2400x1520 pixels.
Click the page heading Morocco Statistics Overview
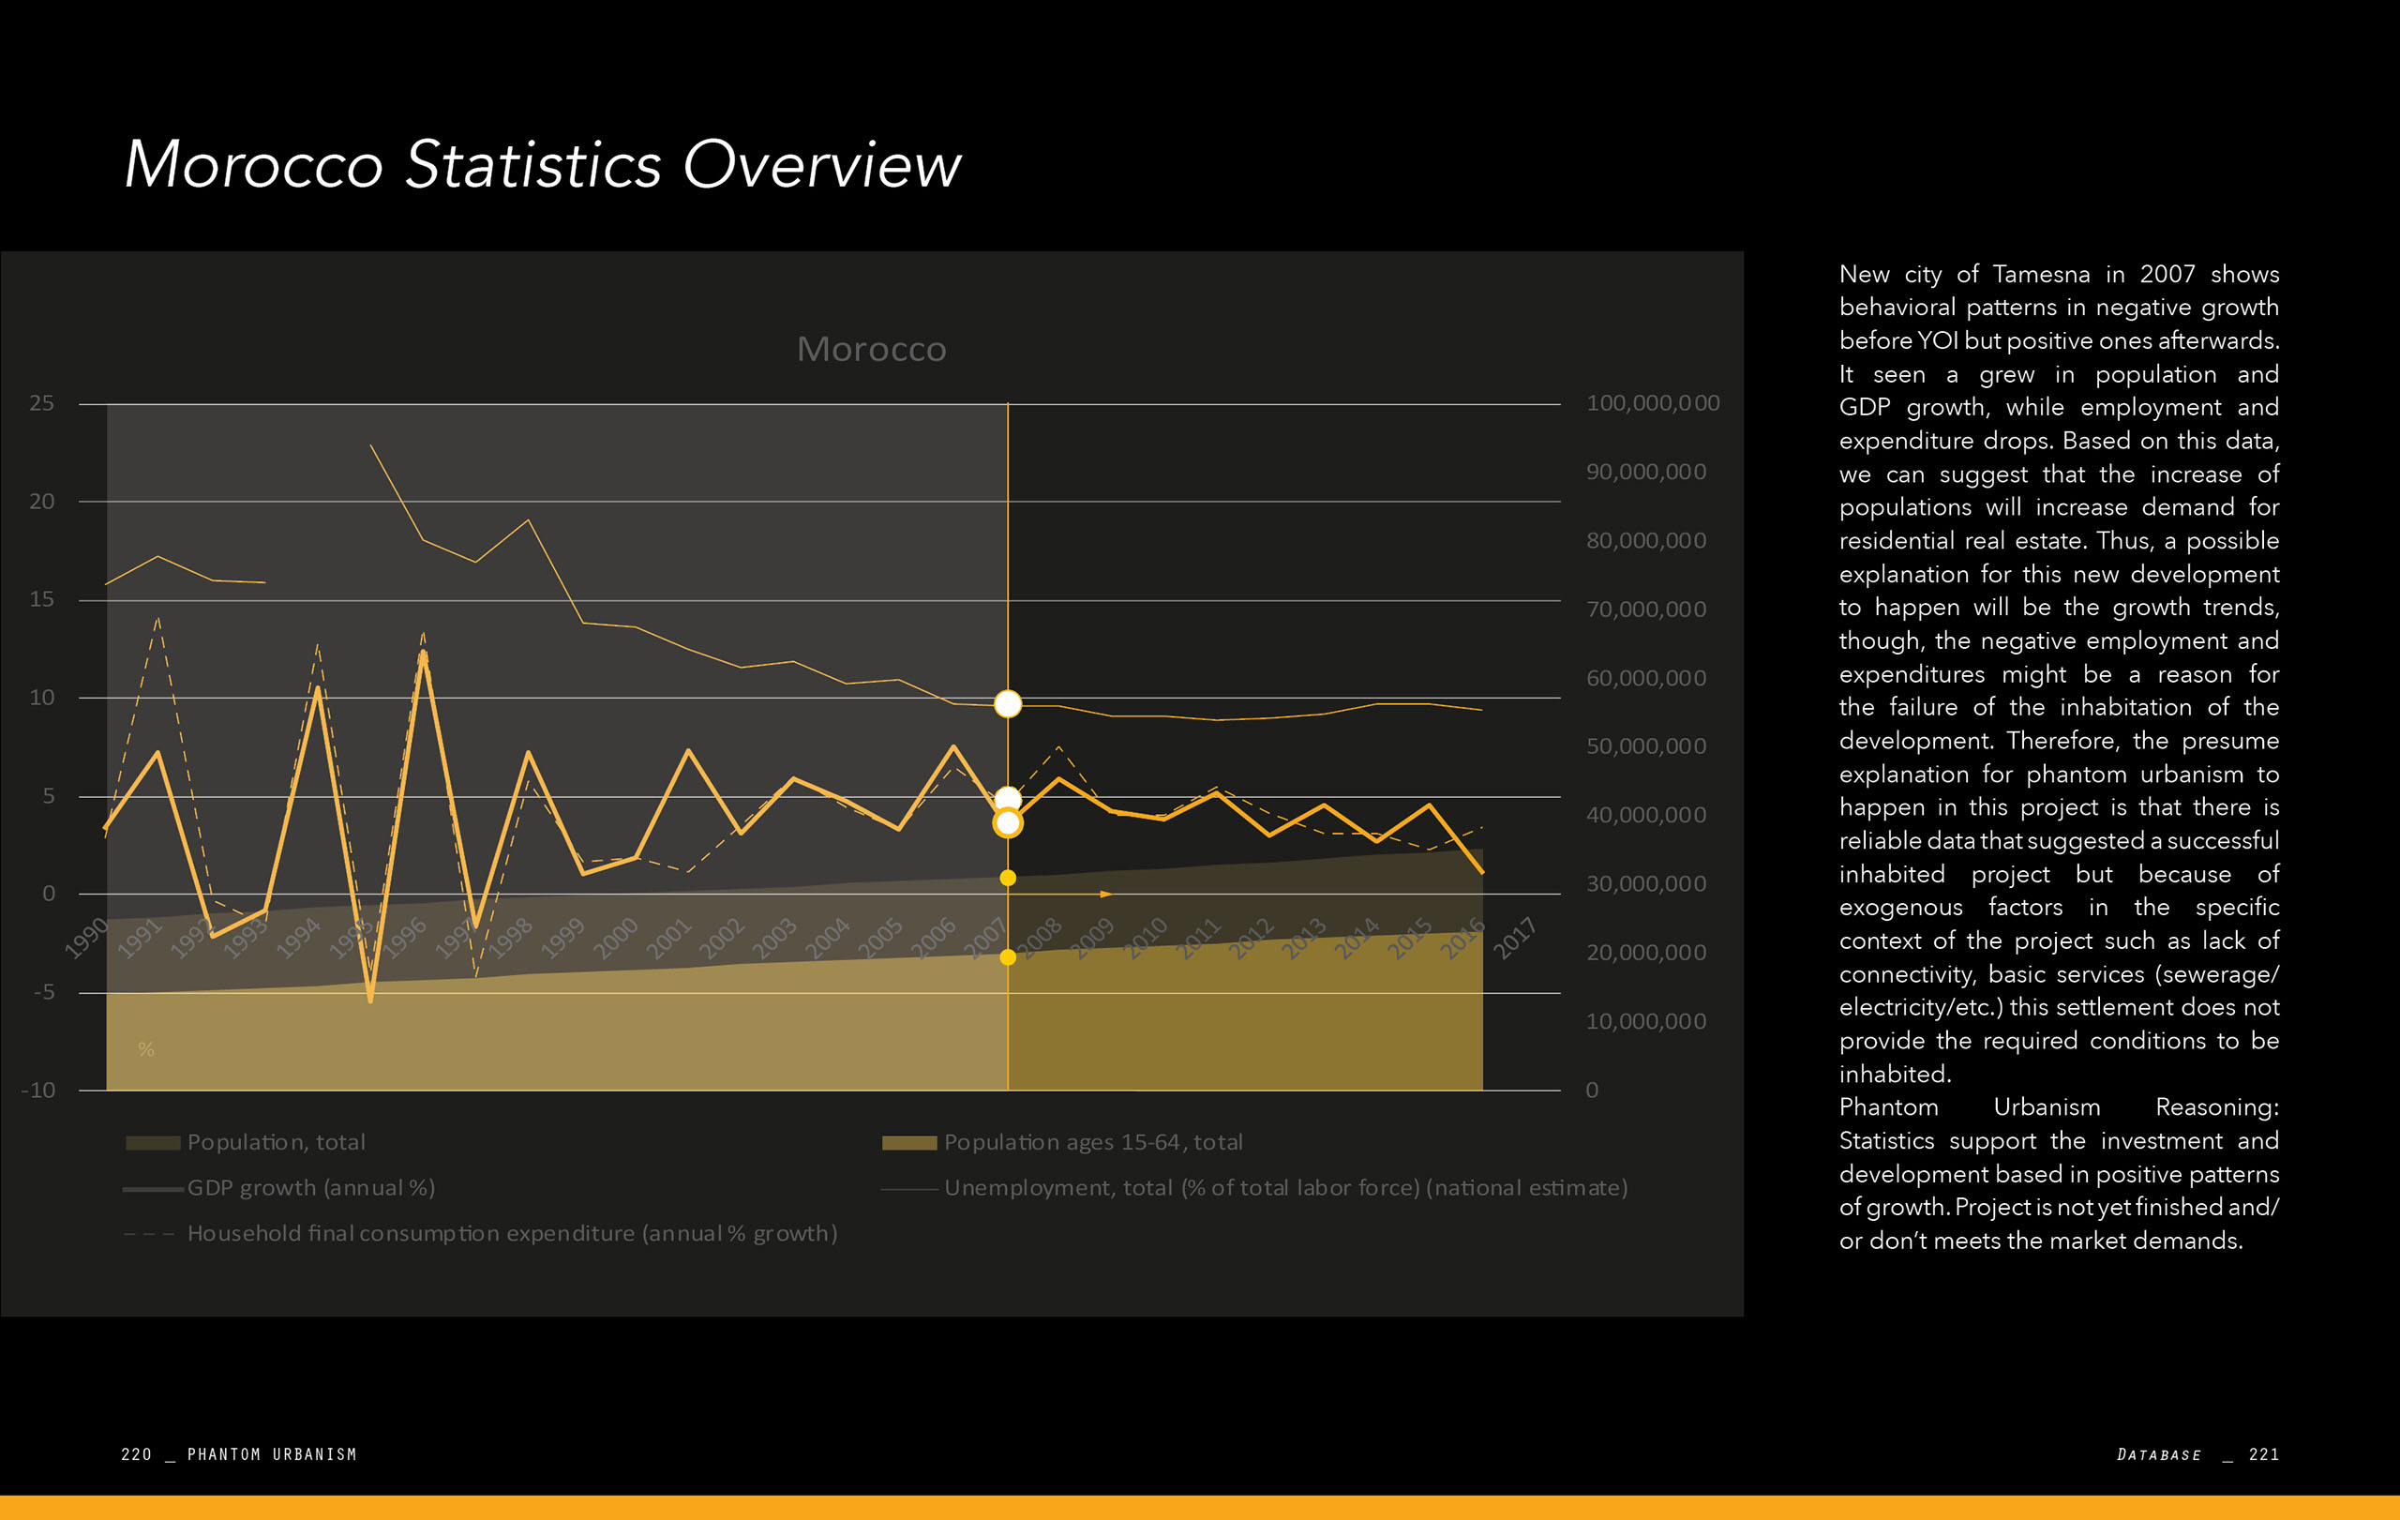(542, 164)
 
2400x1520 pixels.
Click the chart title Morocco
(871, 350)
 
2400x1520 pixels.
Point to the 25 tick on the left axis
(42, 403)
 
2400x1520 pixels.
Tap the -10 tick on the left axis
(38, 1091)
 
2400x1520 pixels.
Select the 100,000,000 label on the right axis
(1653, 403)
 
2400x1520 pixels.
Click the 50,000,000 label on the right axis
(1645, 746)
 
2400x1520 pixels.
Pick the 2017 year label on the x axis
(1514, 939)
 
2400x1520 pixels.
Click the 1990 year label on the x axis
(86, 939)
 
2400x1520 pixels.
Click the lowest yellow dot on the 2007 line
(1008, 957)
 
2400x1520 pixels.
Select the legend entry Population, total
(275, 1142)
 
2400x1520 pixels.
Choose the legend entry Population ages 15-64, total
(1092, 1142)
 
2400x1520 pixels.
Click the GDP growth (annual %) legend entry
(310, 1188)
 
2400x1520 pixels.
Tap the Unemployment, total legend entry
(1284, 1188)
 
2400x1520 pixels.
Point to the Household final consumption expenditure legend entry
(511, 1234)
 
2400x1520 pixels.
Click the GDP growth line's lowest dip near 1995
(370, 1000)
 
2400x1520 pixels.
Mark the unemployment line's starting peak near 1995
(370, 445)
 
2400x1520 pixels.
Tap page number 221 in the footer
(2263, 1454)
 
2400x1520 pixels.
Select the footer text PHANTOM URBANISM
(271, 1454)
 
